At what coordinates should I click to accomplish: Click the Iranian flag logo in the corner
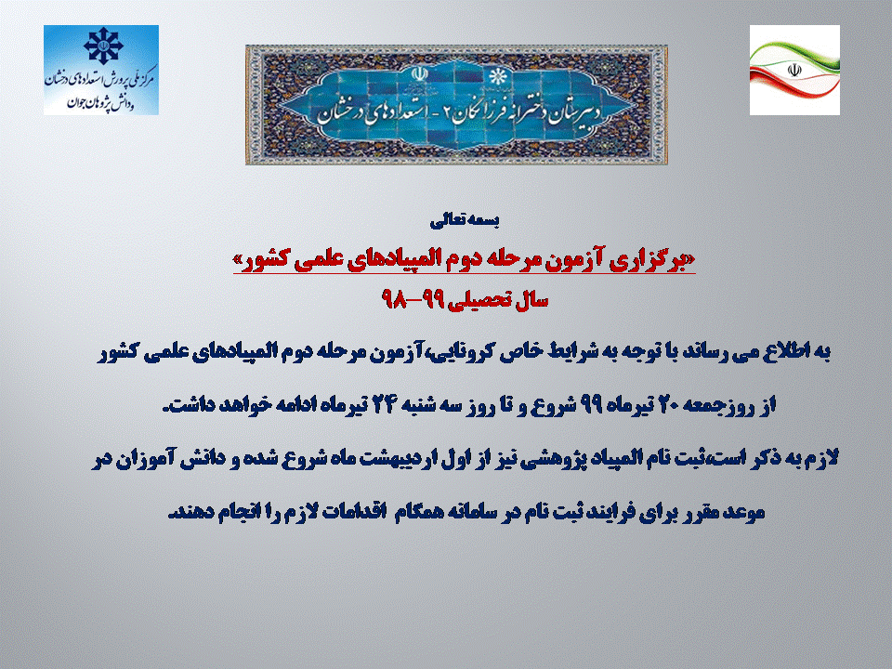(794, 70)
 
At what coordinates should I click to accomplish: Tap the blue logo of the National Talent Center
(101, 70)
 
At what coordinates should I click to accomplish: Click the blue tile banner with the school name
(456, 105)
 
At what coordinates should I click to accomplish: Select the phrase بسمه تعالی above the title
(465, 221)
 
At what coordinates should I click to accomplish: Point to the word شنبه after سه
(420, 406)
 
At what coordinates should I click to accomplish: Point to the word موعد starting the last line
(744, 512)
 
